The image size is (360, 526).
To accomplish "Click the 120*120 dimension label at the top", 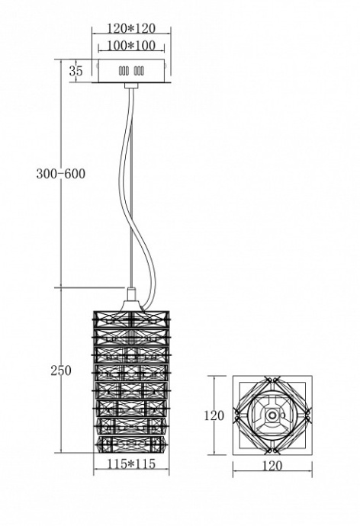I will pos(130,29).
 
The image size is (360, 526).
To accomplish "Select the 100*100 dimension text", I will pos(130,47).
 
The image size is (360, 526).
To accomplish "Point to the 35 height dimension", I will pos(76,70).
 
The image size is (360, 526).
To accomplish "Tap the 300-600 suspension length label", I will pos(60,174).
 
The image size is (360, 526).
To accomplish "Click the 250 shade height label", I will pos(60,370).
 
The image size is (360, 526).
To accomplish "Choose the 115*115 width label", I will pos(130,465).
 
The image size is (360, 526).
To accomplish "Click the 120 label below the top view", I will pos(272,466).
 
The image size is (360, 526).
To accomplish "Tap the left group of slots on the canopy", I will pos(123,71).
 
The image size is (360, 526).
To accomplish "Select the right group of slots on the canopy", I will pos(139,71).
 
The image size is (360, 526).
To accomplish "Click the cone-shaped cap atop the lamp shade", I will pos(131,296).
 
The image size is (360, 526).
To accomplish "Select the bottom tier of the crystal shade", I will pos(130,443).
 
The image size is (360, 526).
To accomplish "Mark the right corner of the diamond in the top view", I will pos(308,416).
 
